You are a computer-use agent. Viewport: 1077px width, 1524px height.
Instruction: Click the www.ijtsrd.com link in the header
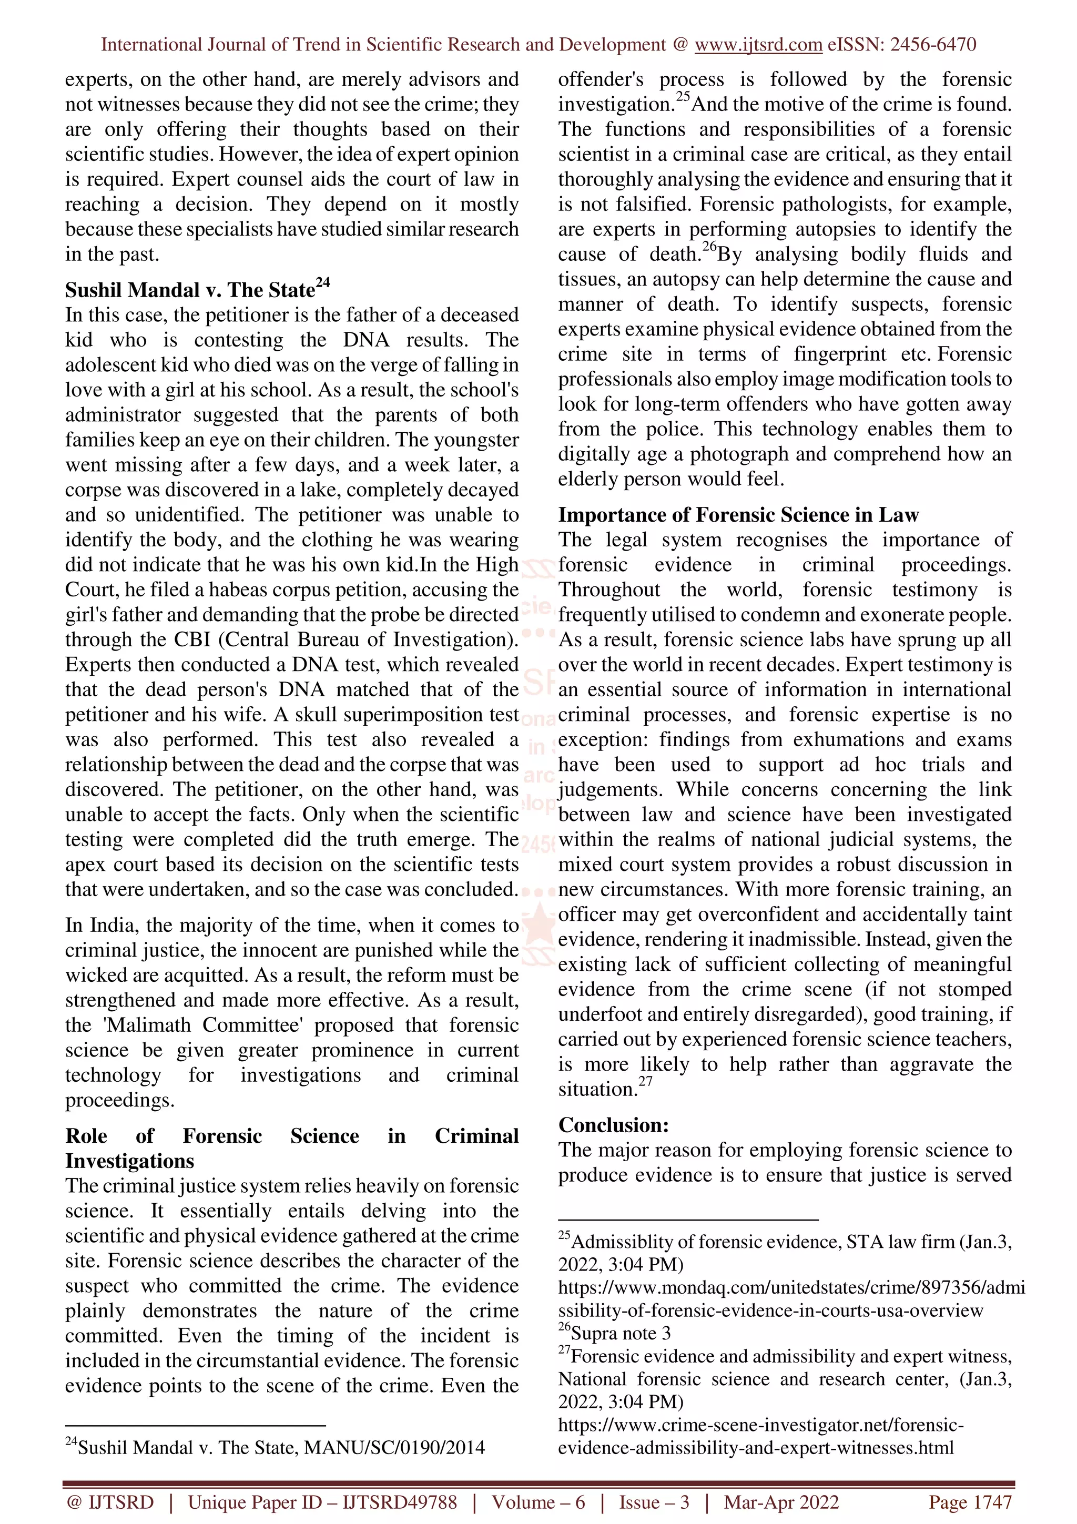tap(758, 45)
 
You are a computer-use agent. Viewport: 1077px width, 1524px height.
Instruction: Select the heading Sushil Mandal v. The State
tap(190, 290)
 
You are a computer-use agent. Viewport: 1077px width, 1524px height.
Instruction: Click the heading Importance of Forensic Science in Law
tap(738, 515)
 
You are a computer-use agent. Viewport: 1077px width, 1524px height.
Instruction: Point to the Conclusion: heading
tap(613, 1124)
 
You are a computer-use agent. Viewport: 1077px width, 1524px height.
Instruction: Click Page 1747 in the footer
tap(970, 1502)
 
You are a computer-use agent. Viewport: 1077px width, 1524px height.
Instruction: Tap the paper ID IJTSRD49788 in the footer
tap(400, 1502)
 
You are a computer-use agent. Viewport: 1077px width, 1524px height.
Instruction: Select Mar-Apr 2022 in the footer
tap(781, 1502)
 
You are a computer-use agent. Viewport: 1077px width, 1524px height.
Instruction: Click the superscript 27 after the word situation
tap(646, 1081)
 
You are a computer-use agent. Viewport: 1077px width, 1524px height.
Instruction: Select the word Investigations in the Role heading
tap(129, 1161)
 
